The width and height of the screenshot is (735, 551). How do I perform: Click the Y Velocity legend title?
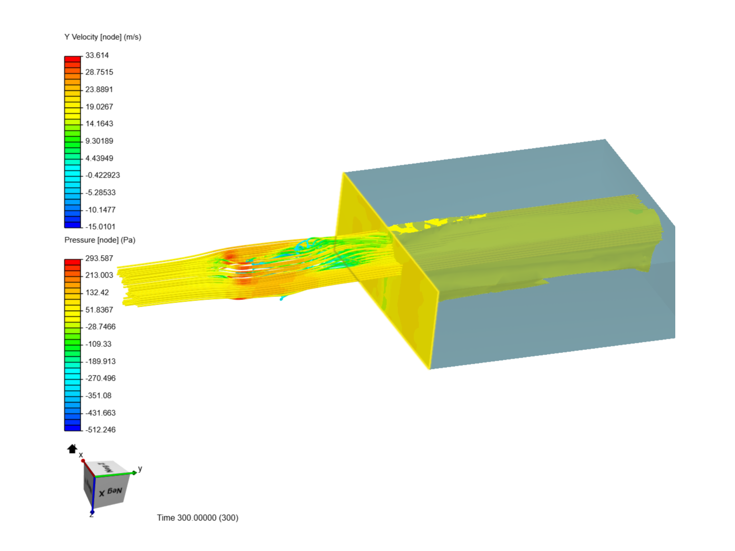(103, 37)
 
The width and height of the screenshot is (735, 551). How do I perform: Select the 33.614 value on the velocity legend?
(97, 55)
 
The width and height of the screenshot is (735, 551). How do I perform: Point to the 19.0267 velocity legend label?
(99, 107)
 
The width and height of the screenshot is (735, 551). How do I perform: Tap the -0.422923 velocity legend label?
(103, 175)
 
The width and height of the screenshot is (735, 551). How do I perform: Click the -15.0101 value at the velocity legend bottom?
(100, 227)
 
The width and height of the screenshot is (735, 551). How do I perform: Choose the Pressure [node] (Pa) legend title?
(100, 240)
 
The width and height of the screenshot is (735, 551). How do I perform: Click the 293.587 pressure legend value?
(99, 258)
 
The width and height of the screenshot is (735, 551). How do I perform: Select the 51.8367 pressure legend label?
(99, 310)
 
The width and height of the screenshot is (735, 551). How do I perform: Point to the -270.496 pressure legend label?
(101, 378)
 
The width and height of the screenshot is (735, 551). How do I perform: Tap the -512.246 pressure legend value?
(101, 430)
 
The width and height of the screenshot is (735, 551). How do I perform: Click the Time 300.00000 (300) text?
(198, 517)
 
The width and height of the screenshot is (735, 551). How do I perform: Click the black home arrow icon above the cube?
(72, 448)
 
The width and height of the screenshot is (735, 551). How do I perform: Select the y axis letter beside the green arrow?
(140, 468)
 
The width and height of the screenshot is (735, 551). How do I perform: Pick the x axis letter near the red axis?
(81, 455)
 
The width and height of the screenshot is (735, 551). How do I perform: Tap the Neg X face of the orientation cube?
(111, 492)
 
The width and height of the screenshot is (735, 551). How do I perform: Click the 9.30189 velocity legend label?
(99, 141)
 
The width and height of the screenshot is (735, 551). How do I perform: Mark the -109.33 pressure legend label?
(98, 344)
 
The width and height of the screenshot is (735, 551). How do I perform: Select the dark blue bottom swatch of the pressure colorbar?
(72, 428)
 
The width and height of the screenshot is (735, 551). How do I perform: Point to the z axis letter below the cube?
(91, 515)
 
